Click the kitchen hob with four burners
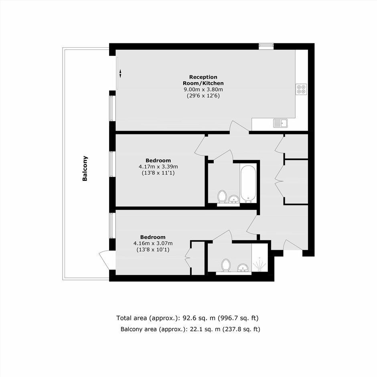[301, 89]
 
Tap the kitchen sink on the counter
[280, 123]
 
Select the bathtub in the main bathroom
[248, 183]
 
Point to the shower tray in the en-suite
[259, 257]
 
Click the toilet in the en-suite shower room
[226, 266]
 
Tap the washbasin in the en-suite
[243, 268]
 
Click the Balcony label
[85, 168]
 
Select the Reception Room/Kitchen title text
[203, 80]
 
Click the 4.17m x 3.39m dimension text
[158, 166]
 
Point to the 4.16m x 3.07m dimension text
[153, 243]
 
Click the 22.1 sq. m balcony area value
[205, 329]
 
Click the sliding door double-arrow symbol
[120, 73]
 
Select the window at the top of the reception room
[266, 46]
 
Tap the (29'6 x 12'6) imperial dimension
[203, 96]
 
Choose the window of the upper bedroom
[112, 164]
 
